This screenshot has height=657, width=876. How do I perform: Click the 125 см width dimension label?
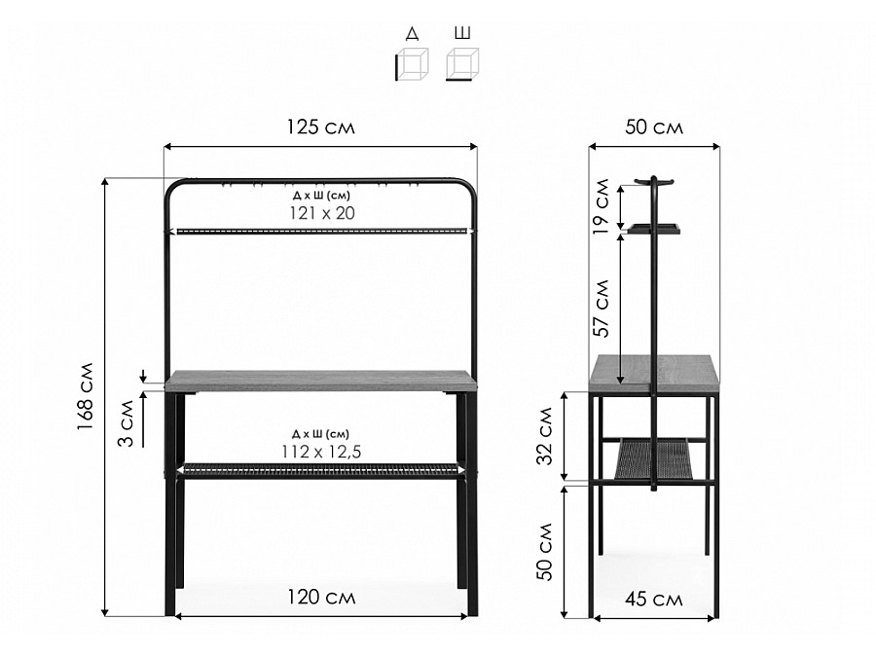(320, 128)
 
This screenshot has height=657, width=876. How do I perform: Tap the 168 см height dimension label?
(86, 396)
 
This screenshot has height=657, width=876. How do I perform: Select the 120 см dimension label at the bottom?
(321, 598)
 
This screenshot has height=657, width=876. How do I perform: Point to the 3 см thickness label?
(127, 423)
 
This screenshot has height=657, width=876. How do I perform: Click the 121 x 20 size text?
(322, 213)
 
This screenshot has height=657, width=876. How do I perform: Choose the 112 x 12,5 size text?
(321, 451)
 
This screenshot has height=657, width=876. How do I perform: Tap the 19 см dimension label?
(602, 206)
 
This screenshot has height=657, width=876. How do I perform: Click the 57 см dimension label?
(602, 308)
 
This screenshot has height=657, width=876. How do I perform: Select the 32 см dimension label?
(545, 436)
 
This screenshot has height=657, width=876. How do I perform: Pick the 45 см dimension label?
(654, 599)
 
